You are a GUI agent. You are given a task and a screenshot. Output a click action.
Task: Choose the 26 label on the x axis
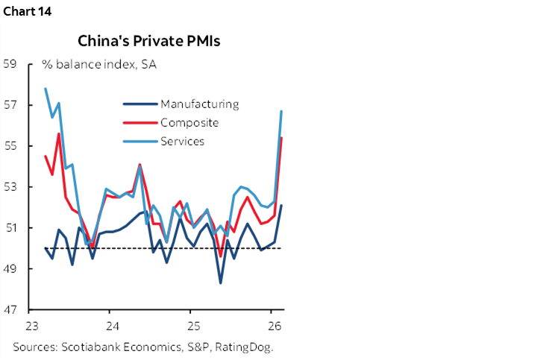(273, 326)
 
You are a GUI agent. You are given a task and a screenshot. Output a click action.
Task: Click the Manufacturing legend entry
(199, 104)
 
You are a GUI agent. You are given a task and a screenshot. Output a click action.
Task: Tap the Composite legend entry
(189, 123)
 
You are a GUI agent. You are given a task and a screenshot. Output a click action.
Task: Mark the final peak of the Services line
(281, 111)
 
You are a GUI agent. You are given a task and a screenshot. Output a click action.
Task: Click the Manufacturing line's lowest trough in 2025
(220, 282)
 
